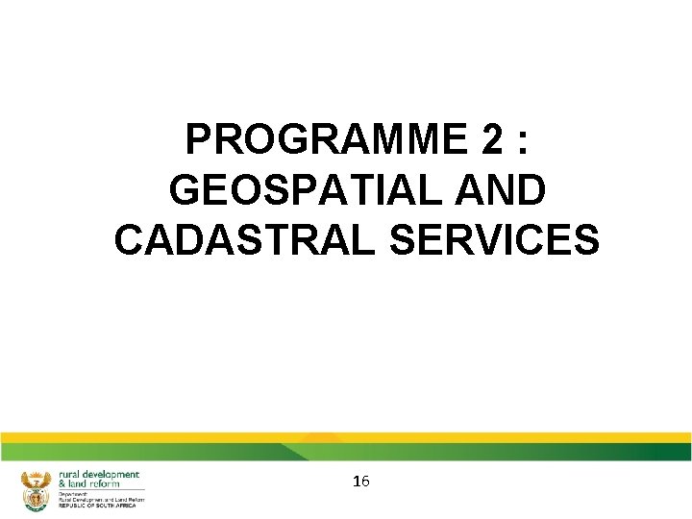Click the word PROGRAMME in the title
click(x=322, y=141)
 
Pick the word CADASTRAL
click(x=244, y=239)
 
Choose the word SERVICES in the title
click(x=494, y=239)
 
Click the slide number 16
click(x=361, y=481)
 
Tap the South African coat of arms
click(x=36, y=490)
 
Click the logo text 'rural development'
click(x=99, y=475)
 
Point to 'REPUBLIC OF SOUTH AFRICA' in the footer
click(x=97, y=506)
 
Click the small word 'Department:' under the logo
click(x=72, y=494)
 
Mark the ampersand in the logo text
click(x=62, y=484)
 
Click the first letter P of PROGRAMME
click(x=197, y=141)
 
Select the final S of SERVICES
click(x=588, y=239)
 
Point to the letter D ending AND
click(x=531, y=190)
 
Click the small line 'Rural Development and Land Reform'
click(x=101, y=500)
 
